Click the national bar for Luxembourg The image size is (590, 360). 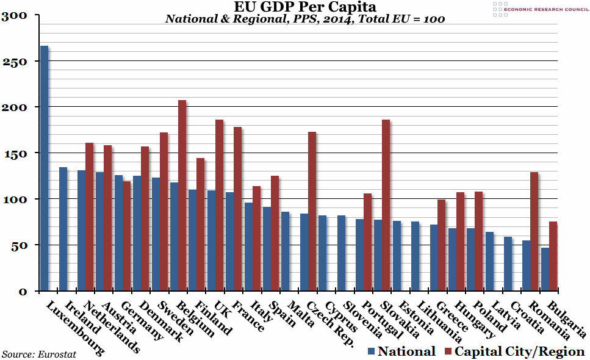45,168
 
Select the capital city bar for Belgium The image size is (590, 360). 182,195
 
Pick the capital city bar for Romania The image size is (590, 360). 534,231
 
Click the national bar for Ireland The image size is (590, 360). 63,229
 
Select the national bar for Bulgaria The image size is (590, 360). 545,269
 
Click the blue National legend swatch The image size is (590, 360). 372,351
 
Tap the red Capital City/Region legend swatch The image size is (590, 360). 448,351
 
